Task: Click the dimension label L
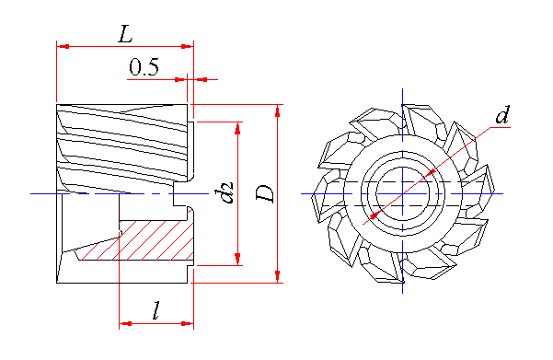coord(125,34)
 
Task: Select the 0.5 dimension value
coord(144,67)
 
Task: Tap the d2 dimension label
coord(225,192)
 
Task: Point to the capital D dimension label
coord(265,193)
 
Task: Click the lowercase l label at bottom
coord(156,310)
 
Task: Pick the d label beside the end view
coord(502,115)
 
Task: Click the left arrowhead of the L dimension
coord(63,46)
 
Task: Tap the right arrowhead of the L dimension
coord(188,46)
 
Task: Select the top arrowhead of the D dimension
coord(278,110)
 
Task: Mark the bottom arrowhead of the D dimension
coord(278,276)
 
